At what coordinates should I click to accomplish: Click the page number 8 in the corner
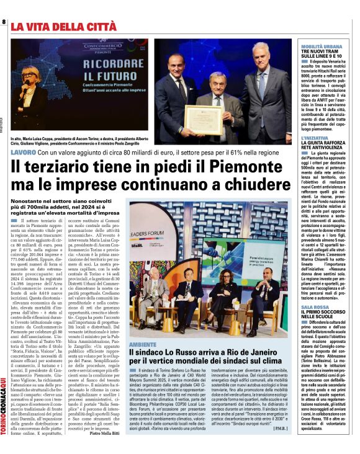click(x=4, y=22)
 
